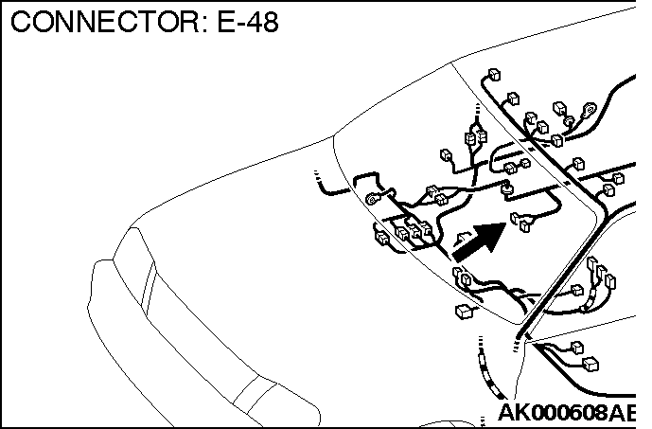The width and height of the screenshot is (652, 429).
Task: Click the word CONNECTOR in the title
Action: pyautogui.click(x=105, y=22)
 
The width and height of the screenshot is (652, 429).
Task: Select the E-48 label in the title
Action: pyautogui.click(x=248, y=22)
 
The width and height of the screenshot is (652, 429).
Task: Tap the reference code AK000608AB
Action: pyautogui.click(x=567, y=412)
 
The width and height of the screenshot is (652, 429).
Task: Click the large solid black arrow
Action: pyautogui.click(x=479, y=241)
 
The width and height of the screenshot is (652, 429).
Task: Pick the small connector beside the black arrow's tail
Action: pyautogui.click(x=462, y=239)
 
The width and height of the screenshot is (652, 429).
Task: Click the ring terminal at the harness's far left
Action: pyautogui.click(x=373, y=199)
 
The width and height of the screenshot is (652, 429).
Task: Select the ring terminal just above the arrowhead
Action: pyautogui.click(x=506, y=188)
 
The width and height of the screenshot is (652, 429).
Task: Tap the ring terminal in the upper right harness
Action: pyautogui.click(x=590, y=109)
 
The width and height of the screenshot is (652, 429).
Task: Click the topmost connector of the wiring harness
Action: pyautogui.click(x=494, y=75)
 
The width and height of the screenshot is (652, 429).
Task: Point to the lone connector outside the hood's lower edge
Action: pyautogui.click(x=464, y=312)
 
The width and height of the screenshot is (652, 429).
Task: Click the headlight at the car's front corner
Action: pyautogui.click(x=133, y=266)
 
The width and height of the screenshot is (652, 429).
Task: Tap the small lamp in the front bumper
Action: pyautogui.click(x=255, y=395)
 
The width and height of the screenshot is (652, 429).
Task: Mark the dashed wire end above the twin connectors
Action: pyautogui.click(x=477, y=113)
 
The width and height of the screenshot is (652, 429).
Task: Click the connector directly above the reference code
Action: pyautogui.click(x=590, y=364)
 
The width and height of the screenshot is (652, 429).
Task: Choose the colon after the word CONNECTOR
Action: pyautogui.click(x=206, y=25)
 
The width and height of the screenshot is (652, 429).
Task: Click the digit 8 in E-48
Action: pyautogui.click(x=271, y=22)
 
